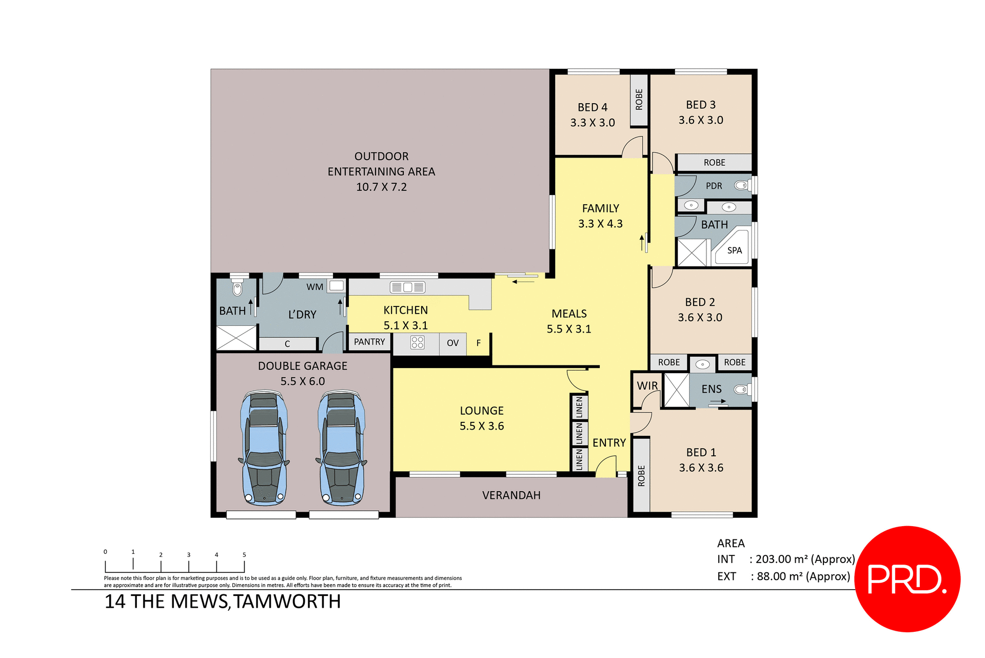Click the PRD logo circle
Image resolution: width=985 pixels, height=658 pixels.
point(907,578)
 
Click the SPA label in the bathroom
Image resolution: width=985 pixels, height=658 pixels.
point(734,250)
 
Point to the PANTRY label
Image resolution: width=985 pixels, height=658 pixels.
point(369,342)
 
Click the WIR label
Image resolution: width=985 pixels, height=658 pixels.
point(647,385)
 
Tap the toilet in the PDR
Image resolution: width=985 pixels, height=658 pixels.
point(740,185)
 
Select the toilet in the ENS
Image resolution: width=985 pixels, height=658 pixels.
point(740,390)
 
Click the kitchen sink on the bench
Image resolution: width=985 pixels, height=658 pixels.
point(408,287)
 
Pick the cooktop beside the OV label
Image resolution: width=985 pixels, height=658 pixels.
point(417,342)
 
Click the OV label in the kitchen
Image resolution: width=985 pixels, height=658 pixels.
point(452,343)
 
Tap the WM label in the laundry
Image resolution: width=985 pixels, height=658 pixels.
point(314,287)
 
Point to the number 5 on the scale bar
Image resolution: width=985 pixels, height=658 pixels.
point(244,555)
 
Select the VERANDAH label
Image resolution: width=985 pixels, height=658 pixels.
point(511,495)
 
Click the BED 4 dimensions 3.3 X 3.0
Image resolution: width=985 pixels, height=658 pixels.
point(593,123)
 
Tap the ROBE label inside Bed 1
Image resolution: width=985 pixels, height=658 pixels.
point(641,476)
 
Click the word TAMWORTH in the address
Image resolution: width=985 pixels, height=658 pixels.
point(287,602)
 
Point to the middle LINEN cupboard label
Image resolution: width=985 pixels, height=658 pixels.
point(579,434)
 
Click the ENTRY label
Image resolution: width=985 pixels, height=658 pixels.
point(609,442)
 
